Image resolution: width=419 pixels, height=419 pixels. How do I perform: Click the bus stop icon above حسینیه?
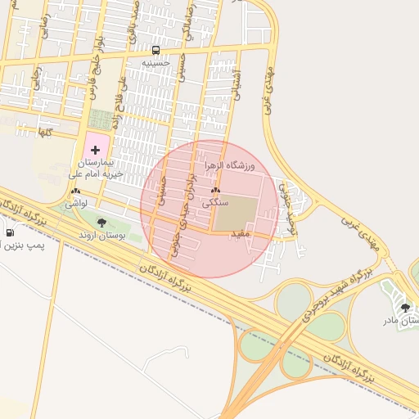tap(155, 50)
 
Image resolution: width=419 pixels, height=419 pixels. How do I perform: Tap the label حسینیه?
tap(155, 62)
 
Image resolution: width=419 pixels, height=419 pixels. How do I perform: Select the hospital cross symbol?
tap(96, 150)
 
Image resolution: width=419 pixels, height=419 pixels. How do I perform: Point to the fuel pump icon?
tap(9, 232)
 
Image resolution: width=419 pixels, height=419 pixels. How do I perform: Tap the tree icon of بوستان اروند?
tap(101, 223)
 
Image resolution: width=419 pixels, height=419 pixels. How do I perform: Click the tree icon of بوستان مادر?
tap(405, 308)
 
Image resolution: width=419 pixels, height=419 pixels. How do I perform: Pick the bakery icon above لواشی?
tap(74, 191)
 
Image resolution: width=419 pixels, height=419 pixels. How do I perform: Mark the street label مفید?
tap(240, 233)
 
